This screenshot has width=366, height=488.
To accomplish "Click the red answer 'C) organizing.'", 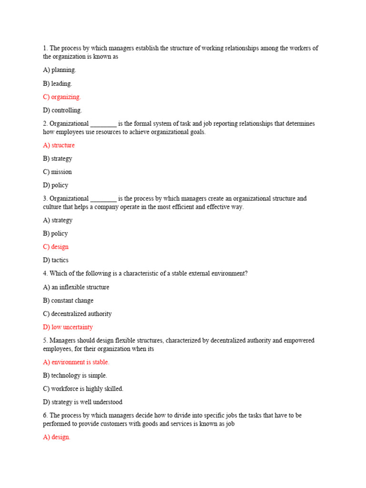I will (x=62, y=97).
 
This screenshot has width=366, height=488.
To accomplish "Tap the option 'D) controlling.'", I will (x=62, y=110).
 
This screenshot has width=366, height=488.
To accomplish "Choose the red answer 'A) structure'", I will (x=59, y=145).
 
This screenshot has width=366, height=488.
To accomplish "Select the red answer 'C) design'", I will (x=56, y=247).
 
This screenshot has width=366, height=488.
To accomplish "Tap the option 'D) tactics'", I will (x=56, y=260).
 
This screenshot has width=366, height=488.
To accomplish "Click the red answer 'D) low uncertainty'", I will (x=68, y=327).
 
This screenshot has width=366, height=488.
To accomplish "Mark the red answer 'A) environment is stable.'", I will (x=76, y=362).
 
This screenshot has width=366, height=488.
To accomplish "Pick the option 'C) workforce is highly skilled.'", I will (x=83, y=389).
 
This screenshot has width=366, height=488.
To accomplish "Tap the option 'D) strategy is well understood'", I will (x=82, y=402).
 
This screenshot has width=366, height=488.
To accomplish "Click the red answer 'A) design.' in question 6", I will (x=57, y=437).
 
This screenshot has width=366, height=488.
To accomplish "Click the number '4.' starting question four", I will (x=46, y=274).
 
